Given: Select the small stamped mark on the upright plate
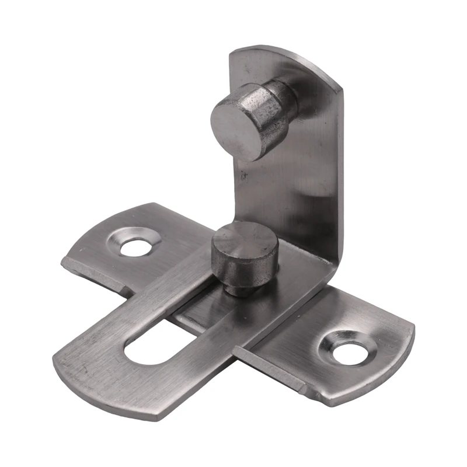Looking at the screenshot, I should [x=245, y=173].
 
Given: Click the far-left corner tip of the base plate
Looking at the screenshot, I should [x=63, y=262].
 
